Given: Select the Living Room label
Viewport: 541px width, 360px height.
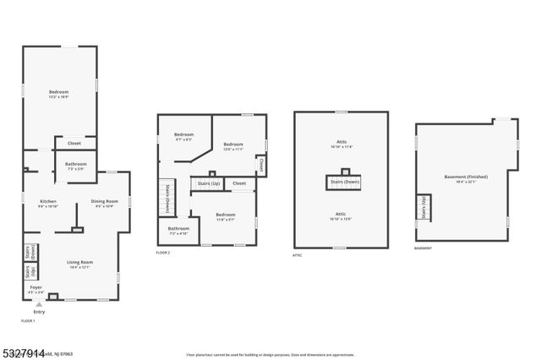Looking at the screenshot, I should pos(80,264).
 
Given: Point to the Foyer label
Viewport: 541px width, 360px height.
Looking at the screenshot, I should pos(36,289).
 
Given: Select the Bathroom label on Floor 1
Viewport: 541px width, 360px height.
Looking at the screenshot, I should pos(76,165).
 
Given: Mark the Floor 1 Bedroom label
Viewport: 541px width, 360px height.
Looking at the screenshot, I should pos(58,93).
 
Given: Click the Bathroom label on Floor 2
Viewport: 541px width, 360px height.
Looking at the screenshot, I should pos(178,230).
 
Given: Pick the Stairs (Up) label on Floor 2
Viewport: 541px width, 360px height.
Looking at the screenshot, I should pos(205,183).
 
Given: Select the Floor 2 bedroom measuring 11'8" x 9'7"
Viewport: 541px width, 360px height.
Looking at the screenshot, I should pos(225,216).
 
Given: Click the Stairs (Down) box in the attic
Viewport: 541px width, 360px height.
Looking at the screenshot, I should pos(344,182).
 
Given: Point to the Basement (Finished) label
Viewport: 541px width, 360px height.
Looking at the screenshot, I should pos(466,177).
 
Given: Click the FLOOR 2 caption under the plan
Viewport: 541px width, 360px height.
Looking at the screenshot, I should pos(163,253).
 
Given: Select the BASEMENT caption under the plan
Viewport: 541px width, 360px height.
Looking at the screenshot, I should pos(423,248).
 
